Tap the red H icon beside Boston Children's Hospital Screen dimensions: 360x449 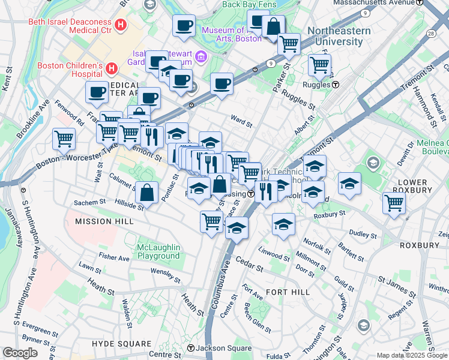pos(112,70)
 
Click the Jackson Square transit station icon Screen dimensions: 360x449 pos(191,348)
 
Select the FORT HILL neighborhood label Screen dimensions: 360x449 pos(288,292)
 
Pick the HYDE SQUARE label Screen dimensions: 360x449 pos(122,344)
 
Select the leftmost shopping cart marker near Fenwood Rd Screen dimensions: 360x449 pos(64,139)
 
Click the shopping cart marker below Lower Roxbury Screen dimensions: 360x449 pos(394,203)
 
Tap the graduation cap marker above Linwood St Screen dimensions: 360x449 pos(283,224)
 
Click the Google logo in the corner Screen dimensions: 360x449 pos(20,353)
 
